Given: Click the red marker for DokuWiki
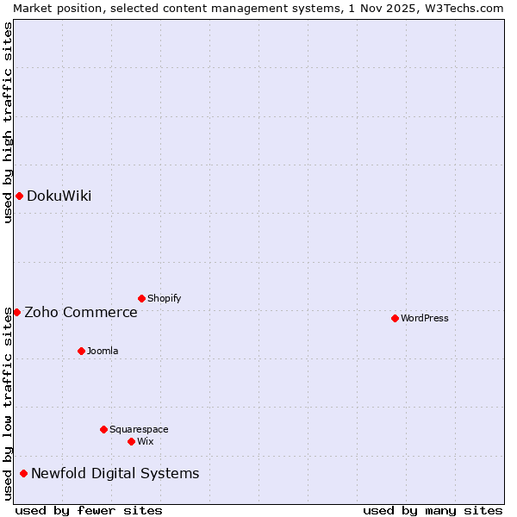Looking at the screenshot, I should (x=19, y=196).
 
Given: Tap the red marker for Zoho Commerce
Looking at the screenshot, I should (x=16, y=312).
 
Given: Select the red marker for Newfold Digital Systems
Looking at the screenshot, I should (x=23, y=473).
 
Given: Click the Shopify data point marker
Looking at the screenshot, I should (x=141, y=298).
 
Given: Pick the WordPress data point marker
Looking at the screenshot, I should (x=395, y=318).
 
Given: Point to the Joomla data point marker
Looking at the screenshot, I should (x=81, y=351).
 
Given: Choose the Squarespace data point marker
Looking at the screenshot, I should (x=103, y=429).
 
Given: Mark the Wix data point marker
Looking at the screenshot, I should (x=131, y=441).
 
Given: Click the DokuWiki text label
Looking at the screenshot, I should (x=59, y=196).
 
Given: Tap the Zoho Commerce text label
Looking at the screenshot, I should (x=81, y=312).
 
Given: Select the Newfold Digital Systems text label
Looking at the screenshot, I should (x=115, y=473).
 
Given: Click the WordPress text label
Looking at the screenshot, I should (x=425, y=318).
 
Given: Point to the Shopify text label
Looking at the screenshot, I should (x=164, y=298).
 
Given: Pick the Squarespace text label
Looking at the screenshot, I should (x=139, y=429).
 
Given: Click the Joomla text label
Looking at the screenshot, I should (x=103, y=351).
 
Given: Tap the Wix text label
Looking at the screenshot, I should (x=145, y=441).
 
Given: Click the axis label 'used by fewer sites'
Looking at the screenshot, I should (x=89, y=510).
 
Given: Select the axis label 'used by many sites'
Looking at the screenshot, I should (x=433, y=510).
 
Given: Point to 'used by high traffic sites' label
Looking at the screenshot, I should (x=8, y=123).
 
